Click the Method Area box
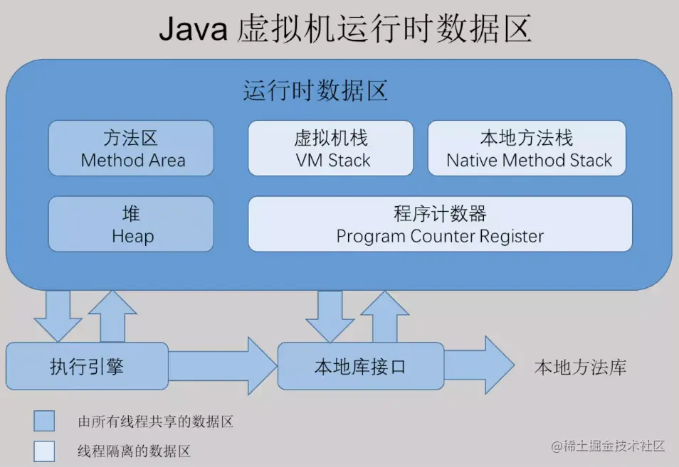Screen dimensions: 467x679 coord(131,148)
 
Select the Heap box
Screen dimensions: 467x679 coord(131,224)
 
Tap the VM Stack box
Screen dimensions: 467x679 coord(331,148)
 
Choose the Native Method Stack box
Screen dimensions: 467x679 coord(527,148)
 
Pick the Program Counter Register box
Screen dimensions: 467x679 coord(440,224)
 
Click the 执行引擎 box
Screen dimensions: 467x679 coord(87,366)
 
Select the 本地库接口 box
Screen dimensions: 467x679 coord(360,366)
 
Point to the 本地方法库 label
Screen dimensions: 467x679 coord(580,367)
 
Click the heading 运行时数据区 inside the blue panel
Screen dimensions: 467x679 coord(315,91)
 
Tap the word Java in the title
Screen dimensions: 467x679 coord(191,30)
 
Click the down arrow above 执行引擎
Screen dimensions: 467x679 coord(58,315)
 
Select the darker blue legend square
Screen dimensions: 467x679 coord(44,421)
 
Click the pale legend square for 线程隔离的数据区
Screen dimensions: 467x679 coord(44,451)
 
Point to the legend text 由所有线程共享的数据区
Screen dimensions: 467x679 coord(155,422)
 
